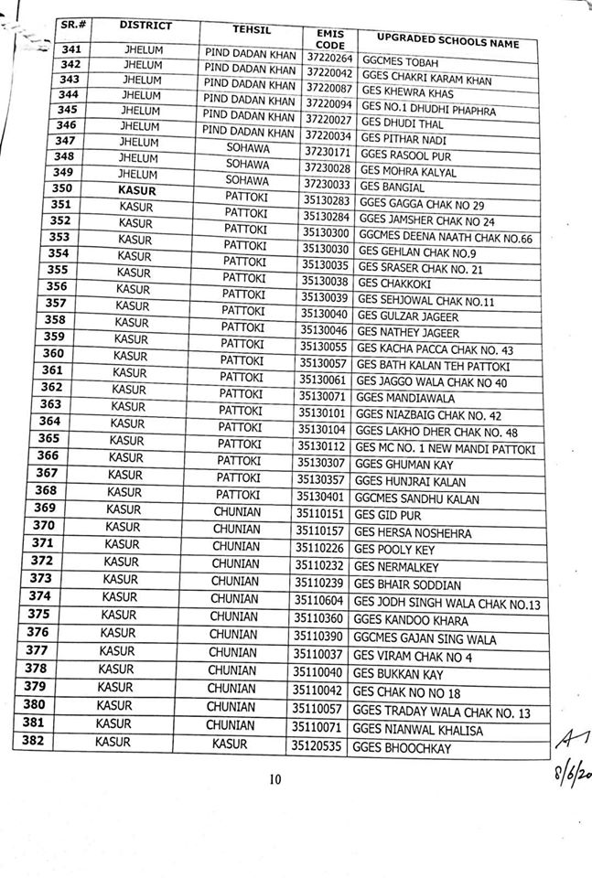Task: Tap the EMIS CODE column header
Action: [328, 37]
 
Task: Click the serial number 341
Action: [70, 50]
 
